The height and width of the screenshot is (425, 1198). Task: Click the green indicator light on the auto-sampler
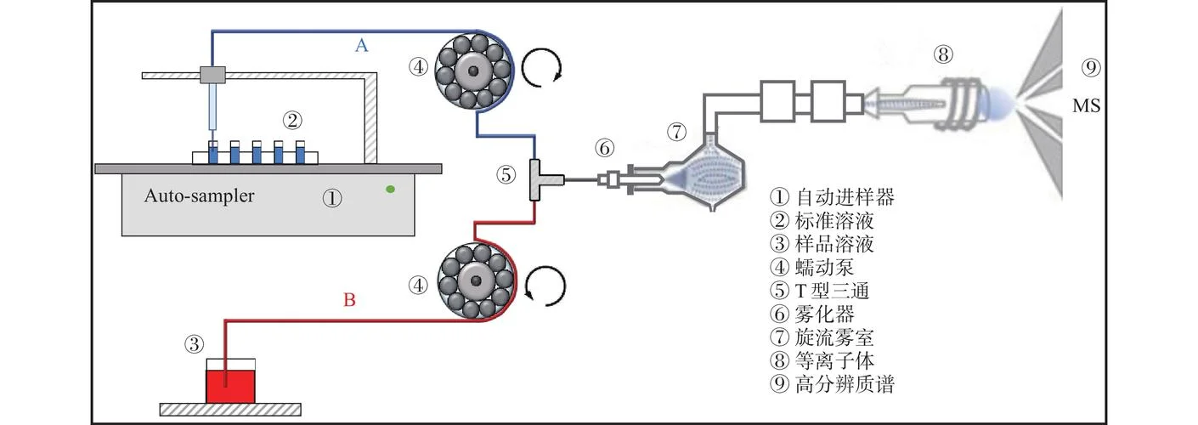[x=391, y=189]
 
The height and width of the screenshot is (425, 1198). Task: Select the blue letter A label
[x=362, y=45]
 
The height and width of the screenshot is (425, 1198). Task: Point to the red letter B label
[x=349, y=299]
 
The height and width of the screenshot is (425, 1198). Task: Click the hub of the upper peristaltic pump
[x=472, y=71]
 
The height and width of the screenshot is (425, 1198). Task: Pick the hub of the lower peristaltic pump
[x=476, y=280]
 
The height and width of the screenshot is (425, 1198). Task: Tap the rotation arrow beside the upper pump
[x=542, y=67]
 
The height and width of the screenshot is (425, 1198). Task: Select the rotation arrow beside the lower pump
[x=545, y=286]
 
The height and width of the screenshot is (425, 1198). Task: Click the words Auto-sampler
[x=199, y=195]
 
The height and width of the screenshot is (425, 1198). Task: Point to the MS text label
[x=1086, y=105]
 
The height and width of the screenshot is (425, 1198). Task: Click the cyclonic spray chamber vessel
[x=705, y=172]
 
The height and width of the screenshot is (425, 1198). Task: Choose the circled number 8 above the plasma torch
[x=943, y=54]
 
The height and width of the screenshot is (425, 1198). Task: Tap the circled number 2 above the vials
[x=292, y=120]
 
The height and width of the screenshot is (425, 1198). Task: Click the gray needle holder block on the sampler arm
[x=212, y=75]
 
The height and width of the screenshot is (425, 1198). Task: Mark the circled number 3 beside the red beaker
[x=194, y=343]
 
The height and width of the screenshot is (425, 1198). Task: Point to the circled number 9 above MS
[x=1091, y=68]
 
